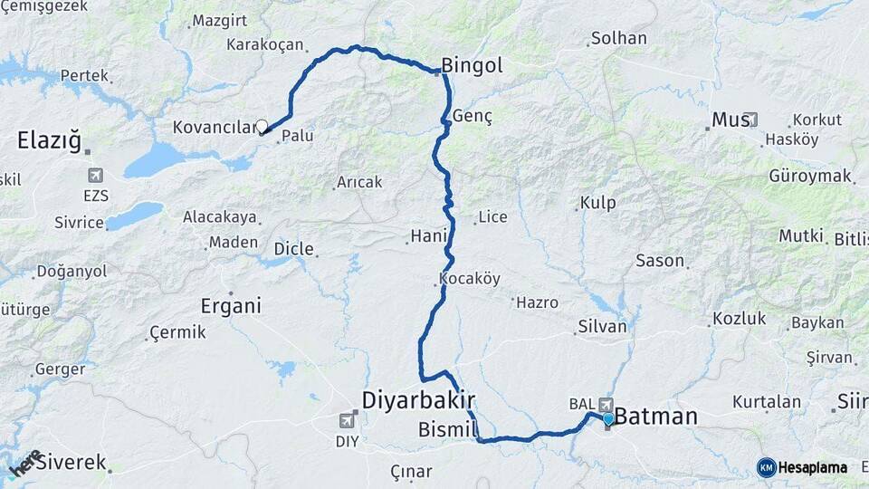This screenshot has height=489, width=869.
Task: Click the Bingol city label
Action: (x=472, y=65)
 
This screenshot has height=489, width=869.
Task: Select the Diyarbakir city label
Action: (x=418, y=399)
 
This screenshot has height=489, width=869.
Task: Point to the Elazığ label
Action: (x=49, y=140)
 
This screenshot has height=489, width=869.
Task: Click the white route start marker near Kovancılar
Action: (x=263, y=127)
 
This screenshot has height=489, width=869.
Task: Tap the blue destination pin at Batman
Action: (x=608, y=418)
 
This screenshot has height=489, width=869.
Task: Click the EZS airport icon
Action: (x=94, y=175)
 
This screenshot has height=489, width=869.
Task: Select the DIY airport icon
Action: (x=347, y=420)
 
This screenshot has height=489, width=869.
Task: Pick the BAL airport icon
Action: (x=606, y=405)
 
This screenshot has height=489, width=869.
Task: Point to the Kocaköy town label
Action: (x=469, y=278)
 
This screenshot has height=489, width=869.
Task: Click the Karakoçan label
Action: (x=264, y=43)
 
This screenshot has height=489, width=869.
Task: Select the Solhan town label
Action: (x=618, y=38)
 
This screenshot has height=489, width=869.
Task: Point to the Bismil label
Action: (x=447, y=429)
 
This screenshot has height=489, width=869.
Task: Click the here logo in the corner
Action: (x=25, y=463)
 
